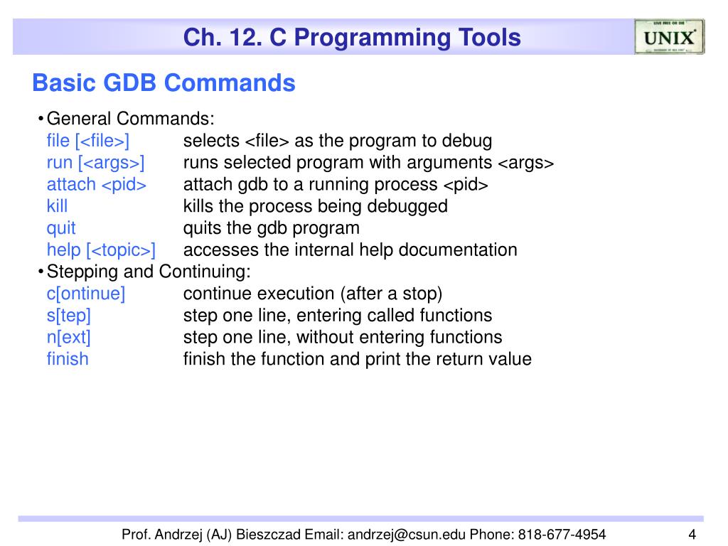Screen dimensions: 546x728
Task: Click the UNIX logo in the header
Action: [x=669, y=37]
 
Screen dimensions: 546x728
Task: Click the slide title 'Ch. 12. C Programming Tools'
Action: [x=352, y=38]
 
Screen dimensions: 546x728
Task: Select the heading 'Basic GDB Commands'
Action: [x=164, y=83]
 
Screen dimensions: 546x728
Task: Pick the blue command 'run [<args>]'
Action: [x=95, y=162]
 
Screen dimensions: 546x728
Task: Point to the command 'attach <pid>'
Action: [x=97, y=184]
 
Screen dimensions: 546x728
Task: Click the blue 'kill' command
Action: [x=58, y=206]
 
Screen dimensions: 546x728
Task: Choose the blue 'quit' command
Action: [x=61, y=228]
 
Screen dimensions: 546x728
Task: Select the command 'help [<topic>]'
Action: [x=101, y=250]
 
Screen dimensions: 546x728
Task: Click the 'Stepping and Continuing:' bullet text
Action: [x=149, y=272]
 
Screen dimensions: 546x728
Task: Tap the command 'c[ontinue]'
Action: [x=86, y=294]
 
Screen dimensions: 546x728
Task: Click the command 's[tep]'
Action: [x=69, y=315]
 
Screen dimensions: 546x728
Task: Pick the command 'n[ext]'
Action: [x=69, y=337]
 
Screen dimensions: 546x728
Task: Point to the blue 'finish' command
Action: [x=68, y=359]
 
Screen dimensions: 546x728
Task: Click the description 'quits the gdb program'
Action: [x=271, y=228]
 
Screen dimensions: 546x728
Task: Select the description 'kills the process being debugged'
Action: [x=315, y=206]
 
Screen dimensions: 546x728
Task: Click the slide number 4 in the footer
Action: [x=691, y=535]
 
